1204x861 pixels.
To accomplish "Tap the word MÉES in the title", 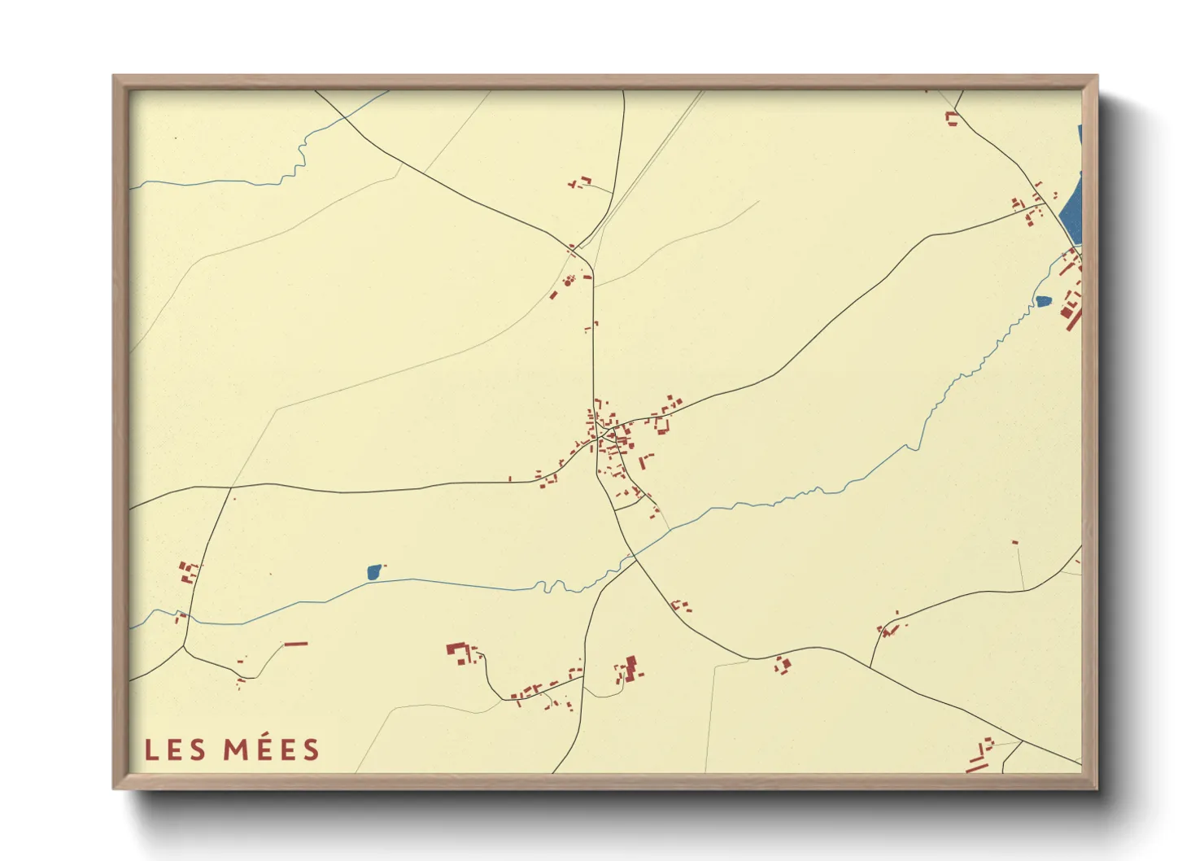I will click(272, 750).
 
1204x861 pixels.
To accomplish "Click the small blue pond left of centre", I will click(373, 572).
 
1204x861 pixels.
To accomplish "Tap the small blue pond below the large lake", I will click(1043, 301).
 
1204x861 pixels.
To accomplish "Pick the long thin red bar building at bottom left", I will click(295, 644).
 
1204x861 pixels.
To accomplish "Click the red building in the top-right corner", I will click(950, 119).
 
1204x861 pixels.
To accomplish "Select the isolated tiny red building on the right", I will click(1014, 542).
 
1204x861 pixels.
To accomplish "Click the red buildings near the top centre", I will click(580, 182).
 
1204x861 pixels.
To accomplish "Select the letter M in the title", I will click(236, 750).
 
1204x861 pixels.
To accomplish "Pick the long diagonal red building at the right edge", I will click(1074, 318).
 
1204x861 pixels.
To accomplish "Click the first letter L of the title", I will click(150, 750).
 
